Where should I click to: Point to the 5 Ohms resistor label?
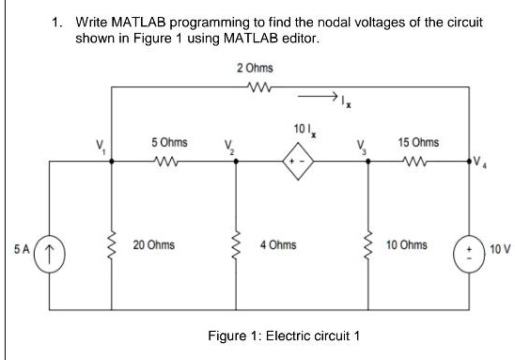[169, 143]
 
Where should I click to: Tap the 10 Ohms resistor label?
[407, 245]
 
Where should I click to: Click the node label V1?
[94, 146]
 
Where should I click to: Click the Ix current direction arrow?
[318, 95]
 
